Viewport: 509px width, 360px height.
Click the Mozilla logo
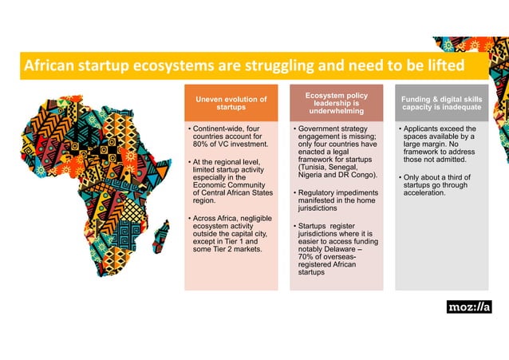click(x=468, y=307)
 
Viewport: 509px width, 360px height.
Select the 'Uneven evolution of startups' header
click(x=231, y=104)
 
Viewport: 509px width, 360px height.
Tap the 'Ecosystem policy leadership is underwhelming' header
click(x=336, y=104)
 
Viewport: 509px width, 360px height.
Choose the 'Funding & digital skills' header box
click(x=441, y=102)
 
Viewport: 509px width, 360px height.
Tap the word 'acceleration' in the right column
click(x=427, y=193)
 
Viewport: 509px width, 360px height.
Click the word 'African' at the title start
click(x=49, y=65)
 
